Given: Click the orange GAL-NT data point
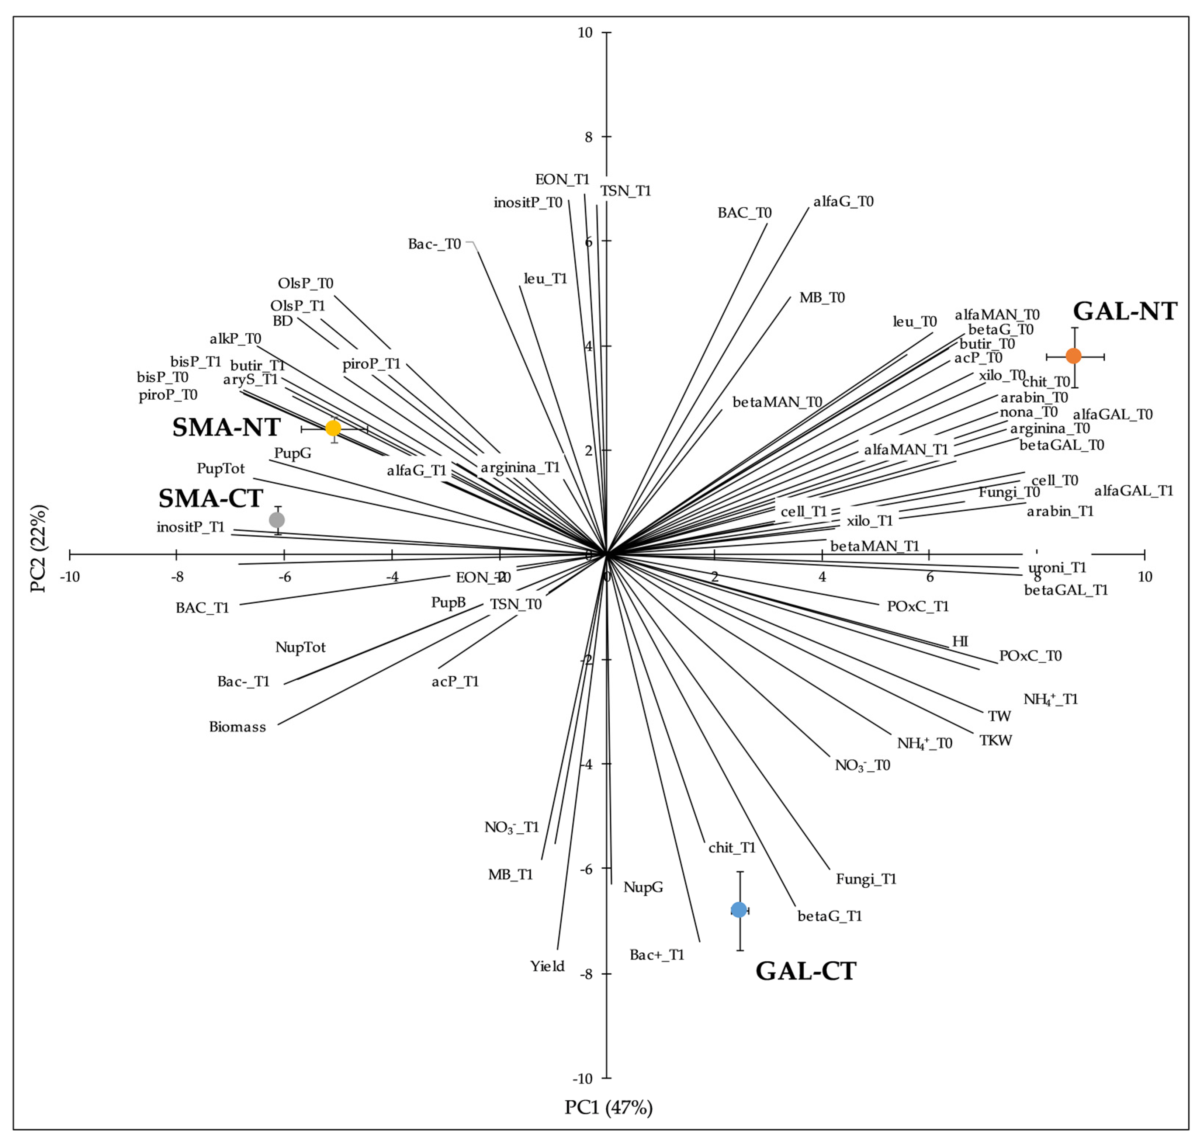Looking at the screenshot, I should coord(1073,355).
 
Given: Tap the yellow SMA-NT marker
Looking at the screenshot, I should coord(333,428).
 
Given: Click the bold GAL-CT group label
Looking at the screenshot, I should coord(806,970).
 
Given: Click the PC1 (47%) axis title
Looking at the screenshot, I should coord(608,1107).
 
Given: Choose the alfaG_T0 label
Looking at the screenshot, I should coord(844,201).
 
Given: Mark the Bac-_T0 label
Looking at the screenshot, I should coord(434,244).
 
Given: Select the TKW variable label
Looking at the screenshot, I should coord(995,740).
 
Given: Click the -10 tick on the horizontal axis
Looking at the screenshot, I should coord(70,576).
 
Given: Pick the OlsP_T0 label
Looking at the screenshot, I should coord(306,284).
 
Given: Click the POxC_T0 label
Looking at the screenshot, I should coord(1030,656).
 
